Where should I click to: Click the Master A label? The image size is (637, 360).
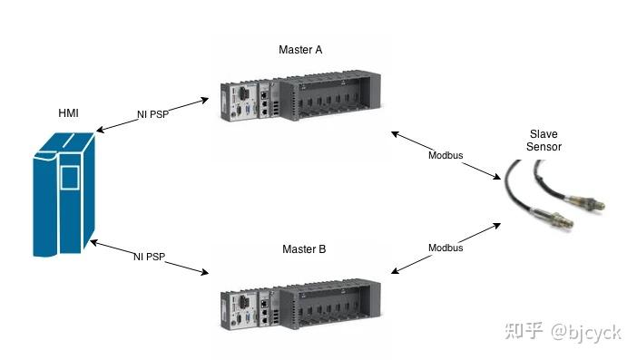click(x=299, y=49)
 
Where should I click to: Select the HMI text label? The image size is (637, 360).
click(x=69, y=113)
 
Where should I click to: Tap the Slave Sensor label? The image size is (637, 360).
click(x=543, y=140)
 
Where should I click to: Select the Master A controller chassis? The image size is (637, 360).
click(x=299, y=102)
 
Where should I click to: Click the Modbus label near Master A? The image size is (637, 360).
click(x=446, y=155)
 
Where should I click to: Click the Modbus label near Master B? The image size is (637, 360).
click(x=446, y=248)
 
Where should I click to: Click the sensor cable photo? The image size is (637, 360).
click(x=554, y=195)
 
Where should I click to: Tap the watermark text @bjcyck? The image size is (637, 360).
click(x=586, y=332)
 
